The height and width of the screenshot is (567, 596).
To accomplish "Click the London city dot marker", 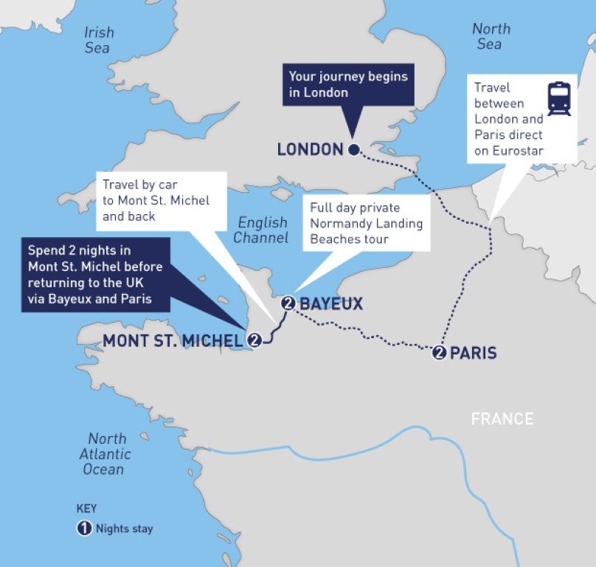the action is pos(353,150).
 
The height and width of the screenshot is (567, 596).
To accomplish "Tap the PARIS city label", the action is pos(473,354).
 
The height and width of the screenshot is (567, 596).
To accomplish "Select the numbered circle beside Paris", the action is pos(440,353).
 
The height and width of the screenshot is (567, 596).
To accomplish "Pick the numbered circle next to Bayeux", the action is pos(288,303).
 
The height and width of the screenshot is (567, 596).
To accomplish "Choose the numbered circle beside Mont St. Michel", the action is pos(254,340).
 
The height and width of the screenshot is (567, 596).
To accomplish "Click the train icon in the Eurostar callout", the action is pos(558,99).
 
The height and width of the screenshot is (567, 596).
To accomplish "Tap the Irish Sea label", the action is pos(98,40).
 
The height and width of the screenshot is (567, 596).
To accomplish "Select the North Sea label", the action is pos(491,36).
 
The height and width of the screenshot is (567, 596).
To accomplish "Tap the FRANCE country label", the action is pos(502,419).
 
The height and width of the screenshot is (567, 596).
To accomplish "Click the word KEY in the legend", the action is pos(86,509).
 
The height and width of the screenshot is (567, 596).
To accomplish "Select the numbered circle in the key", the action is pos(84,529).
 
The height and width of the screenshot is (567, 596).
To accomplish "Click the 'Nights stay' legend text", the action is pos(125,529).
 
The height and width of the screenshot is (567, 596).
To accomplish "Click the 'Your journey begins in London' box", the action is pos(347,84).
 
